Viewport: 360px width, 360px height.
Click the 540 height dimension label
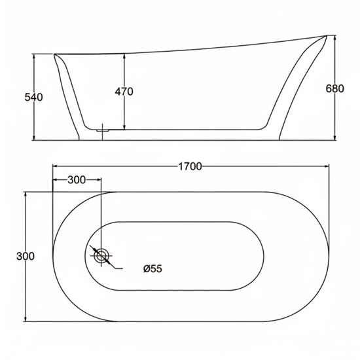click(x=33, y=98)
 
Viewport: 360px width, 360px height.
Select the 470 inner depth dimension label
click(x=124, y=92)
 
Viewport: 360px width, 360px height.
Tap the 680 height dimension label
click(x=334, y=88)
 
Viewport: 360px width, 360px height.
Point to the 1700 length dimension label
click(x=190, y=166)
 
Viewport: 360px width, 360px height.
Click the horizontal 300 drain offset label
click(x=77, y=180)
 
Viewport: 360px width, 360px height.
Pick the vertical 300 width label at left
click(x=26, y=256)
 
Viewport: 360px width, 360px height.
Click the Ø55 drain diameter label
click(x=153, y=268)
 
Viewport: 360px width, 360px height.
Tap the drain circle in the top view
click(x=101, y=255)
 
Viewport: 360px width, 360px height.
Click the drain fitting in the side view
click(x=102, y=130)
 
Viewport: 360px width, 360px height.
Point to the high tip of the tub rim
click(x=326, y=36)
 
